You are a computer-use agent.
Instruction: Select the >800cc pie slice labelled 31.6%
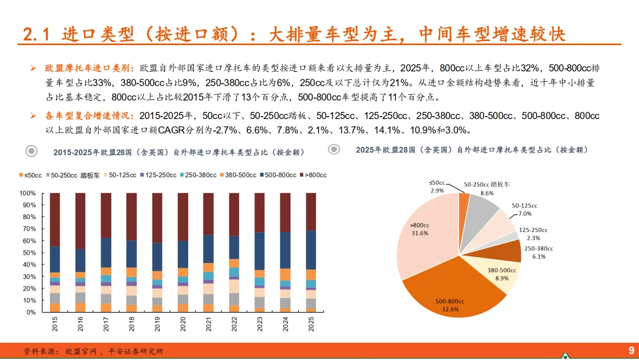(x=424, y=236)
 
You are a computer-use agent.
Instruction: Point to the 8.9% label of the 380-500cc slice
(x=502, y=278)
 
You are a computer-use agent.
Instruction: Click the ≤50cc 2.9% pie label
(x=437, y=187)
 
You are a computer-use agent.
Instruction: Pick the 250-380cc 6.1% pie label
(x=539, y=252)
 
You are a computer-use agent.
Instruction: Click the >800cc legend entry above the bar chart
(x=314, y=175)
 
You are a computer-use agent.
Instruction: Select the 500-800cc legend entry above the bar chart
(x=278, y=175)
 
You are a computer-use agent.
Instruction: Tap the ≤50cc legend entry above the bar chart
(x=30, y=175)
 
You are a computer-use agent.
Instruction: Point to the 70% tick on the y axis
(x=28, y=229)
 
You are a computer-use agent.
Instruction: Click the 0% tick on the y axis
(x=31, y=312)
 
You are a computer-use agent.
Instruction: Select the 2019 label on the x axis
(x=157, y=324)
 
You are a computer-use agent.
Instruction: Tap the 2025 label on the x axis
(x=311, y=324)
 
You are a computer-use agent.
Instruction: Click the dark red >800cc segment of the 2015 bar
(x=55, y=220)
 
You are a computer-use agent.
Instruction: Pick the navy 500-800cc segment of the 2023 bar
(x=260, y=251)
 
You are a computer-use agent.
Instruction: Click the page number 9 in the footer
(x=631, y=350)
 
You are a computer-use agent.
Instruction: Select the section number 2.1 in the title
(x=36, y=34)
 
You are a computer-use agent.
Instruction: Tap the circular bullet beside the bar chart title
(x=31, y=151)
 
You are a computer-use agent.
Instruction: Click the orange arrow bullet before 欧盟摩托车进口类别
(x=33, y=68)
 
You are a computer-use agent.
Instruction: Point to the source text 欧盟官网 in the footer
(x=81, y=351)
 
